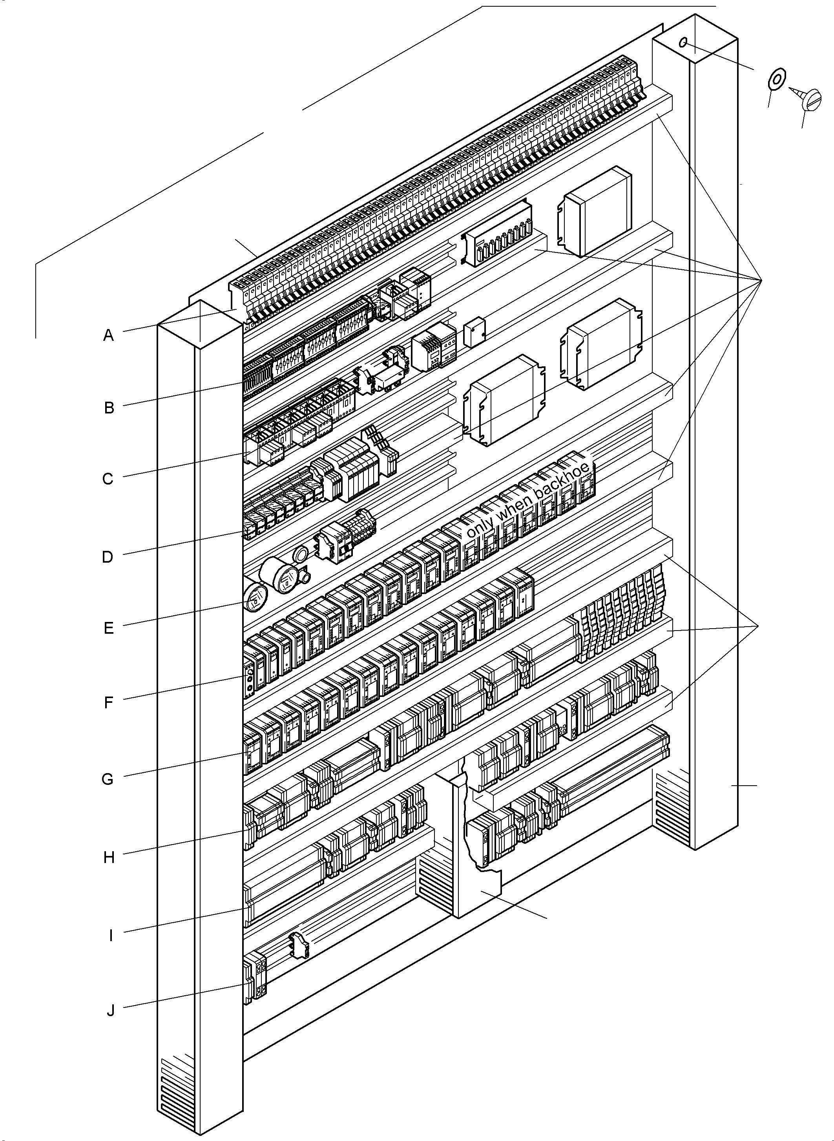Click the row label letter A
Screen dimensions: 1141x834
pos(109,335)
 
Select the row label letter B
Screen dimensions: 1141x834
pos(109,408)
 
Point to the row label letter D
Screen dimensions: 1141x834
pos(108,557)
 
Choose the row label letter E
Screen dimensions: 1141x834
pos(109,628)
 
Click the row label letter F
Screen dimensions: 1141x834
pos(109,702)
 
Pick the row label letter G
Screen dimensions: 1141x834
pos(108,779)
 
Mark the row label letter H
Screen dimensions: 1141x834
pos(109,857)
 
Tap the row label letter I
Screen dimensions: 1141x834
pos(111,935)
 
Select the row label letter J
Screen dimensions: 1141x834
pos(111,1011)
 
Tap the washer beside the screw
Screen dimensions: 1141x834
pos(776,78)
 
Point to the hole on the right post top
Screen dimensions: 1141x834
pos(683,42)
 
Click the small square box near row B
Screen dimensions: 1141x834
pos(474,332)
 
